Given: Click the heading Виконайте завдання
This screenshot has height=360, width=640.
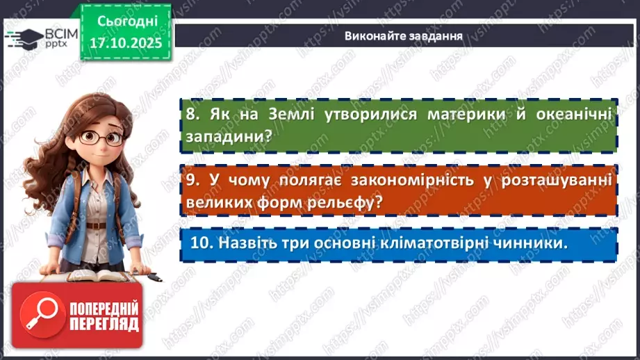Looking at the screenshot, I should (x=404, y=35).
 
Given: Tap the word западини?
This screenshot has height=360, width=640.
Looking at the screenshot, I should (x=228, y=137).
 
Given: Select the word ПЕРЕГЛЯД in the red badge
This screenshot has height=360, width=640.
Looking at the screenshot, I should (x=104, y=324).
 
